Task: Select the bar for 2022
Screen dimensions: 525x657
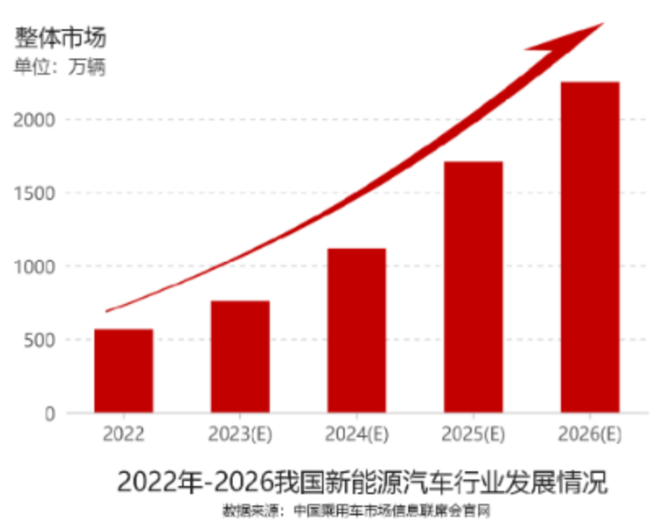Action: pos(124,371)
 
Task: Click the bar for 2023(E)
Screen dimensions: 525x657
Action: pos(240,356)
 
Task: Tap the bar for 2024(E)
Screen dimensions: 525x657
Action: pos(356,330)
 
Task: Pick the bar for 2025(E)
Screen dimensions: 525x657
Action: pos(473,286)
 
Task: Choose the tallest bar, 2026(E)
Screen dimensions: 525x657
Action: pos(590,246)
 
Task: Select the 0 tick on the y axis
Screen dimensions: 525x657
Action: pos(50,413)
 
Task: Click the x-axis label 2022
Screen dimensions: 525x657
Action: pos(124,434)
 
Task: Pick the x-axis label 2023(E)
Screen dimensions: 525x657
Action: pos(240,434)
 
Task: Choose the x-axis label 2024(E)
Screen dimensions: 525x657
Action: pos(356,434)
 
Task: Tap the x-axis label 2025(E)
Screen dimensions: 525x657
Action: pos(473,434)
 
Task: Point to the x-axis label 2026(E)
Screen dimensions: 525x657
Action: pos(590,434)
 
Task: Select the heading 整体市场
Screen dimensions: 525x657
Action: pos(60,37)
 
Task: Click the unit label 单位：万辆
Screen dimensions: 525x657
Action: pos(59,67)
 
